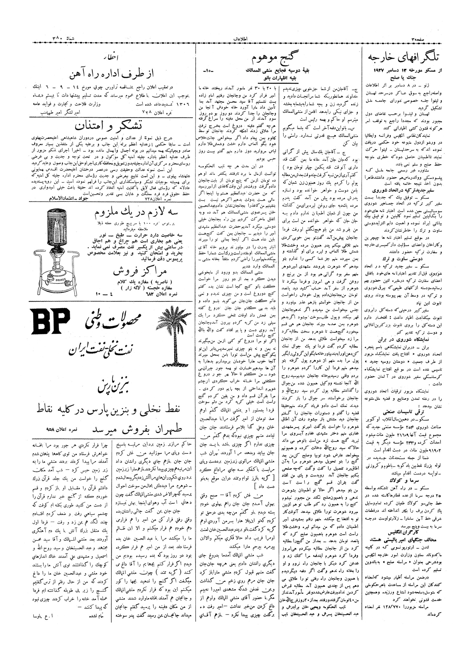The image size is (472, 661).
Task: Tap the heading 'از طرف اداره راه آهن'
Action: coord(112,75)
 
